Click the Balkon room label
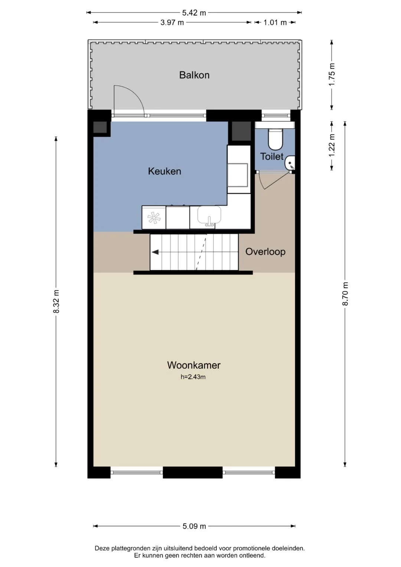194,75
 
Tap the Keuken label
164,172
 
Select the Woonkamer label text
194,365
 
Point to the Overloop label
265,252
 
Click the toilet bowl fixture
275,139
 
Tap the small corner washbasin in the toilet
290,163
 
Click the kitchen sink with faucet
209,216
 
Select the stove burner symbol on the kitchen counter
154,218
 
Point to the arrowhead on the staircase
155,252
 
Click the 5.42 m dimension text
194,13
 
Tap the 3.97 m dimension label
172,23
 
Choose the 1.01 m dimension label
275,23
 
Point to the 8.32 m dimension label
56,302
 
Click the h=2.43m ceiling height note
193,377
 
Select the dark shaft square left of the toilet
241,131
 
